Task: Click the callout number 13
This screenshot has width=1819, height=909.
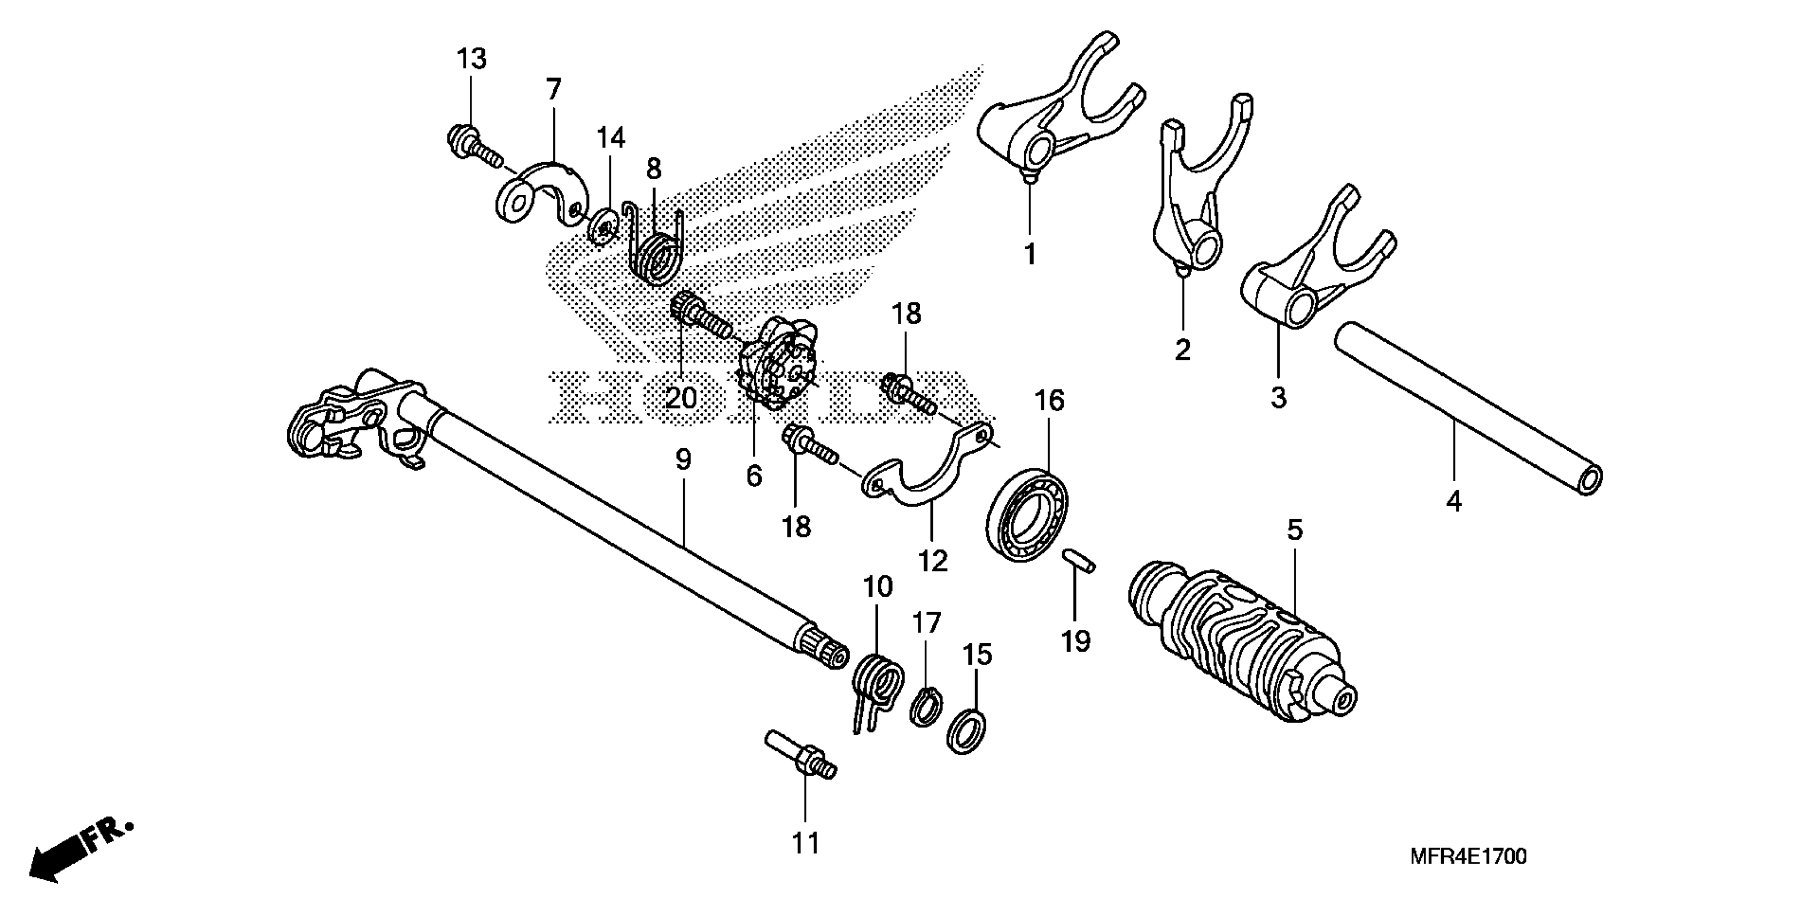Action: pyautogui.click(x=471, y=59)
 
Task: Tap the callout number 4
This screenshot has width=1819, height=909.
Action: pyautogui.click(x=1453, y=502)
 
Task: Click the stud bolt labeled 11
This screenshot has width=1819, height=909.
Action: pyautogui.click(x=801, y=756)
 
